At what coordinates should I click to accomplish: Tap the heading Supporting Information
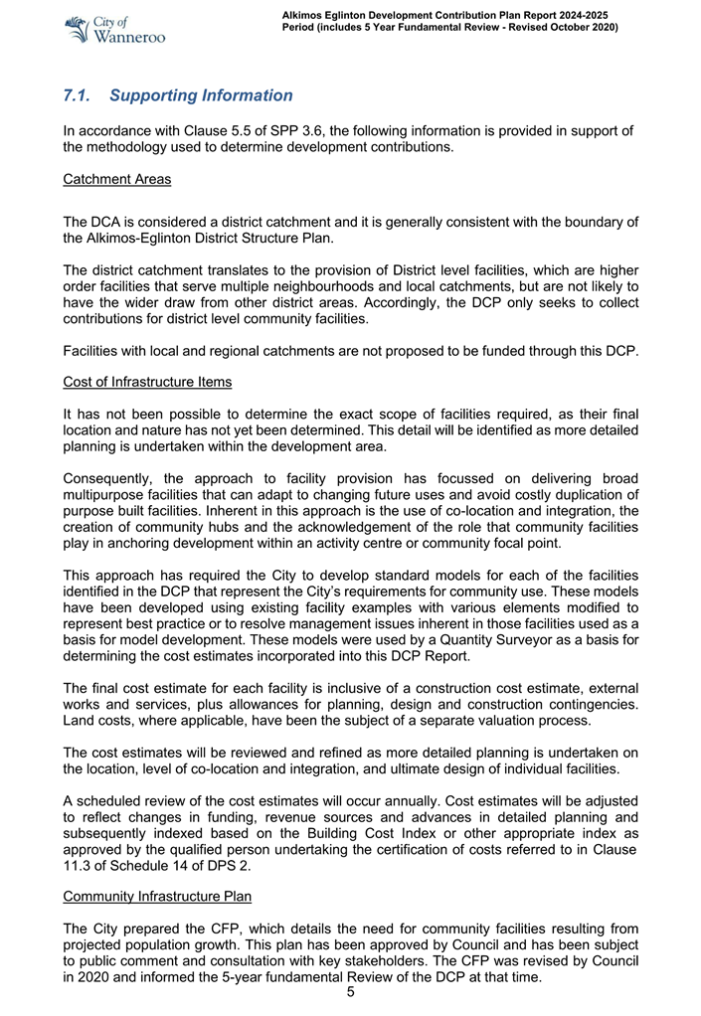[x=201, y=96]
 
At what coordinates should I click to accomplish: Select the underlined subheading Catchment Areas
[x=116, y=180]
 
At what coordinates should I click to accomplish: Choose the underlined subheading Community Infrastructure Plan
[x=157, y=896]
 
